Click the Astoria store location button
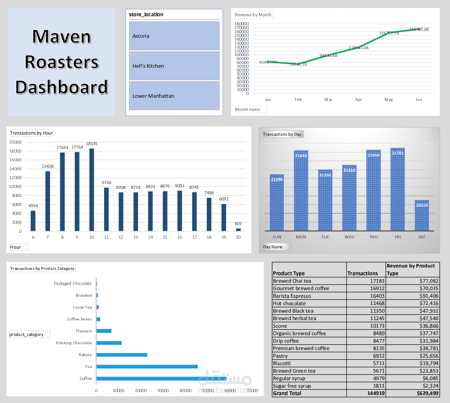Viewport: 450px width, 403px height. tap(174, 36)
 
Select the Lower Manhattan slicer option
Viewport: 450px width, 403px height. tap(174, 96)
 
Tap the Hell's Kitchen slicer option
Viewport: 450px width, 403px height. tap(174, 66)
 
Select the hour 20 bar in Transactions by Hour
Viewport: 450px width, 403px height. tap(238, 230)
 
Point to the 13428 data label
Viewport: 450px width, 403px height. tap(48, 167)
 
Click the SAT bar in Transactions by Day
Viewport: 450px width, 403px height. tap(422, 215)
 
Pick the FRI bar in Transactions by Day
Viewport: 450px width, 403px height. tap(397, 189)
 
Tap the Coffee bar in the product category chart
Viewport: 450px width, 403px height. tap(161, 378)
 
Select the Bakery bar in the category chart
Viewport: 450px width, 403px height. tap(122, 355)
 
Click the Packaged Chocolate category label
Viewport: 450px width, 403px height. tap(73, 283)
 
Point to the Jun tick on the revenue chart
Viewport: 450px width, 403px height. tap(419, 100)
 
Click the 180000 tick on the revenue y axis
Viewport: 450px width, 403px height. tap(242, 23)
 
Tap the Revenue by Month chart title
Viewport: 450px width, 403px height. tap(253, 15)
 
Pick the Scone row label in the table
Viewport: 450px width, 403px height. tap(280, 326)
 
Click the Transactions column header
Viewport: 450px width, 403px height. tap(362, 273)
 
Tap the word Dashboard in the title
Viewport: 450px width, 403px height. tap(62, 87)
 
